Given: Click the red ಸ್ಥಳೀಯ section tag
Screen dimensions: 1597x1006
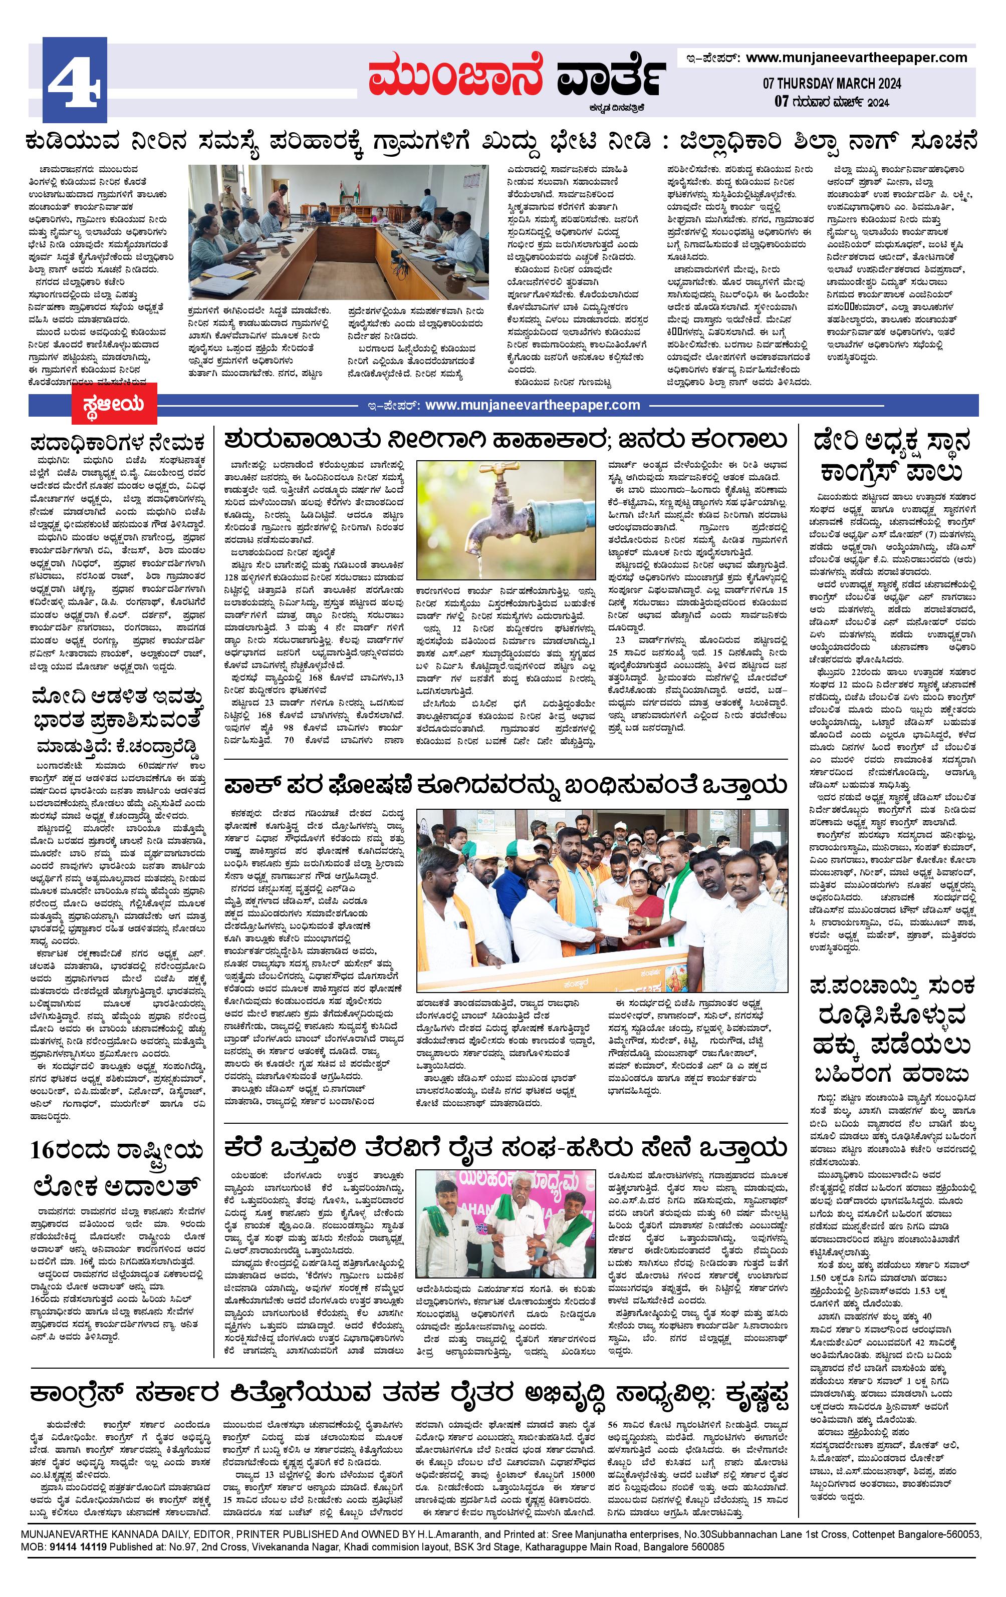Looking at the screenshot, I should point(115,403).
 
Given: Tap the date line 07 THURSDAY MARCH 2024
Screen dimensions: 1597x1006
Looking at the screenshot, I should point(832,84).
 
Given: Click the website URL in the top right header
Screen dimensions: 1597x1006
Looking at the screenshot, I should point(856,58).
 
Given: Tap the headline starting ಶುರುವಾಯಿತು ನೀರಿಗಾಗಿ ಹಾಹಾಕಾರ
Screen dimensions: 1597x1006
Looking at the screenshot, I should point(506,440).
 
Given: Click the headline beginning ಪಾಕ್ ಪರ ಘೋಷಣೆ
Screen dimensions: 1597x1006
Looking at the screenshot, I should point(506,786).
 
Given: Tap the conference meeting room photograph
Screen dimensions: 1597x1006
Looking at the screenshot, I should point(339,233).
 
